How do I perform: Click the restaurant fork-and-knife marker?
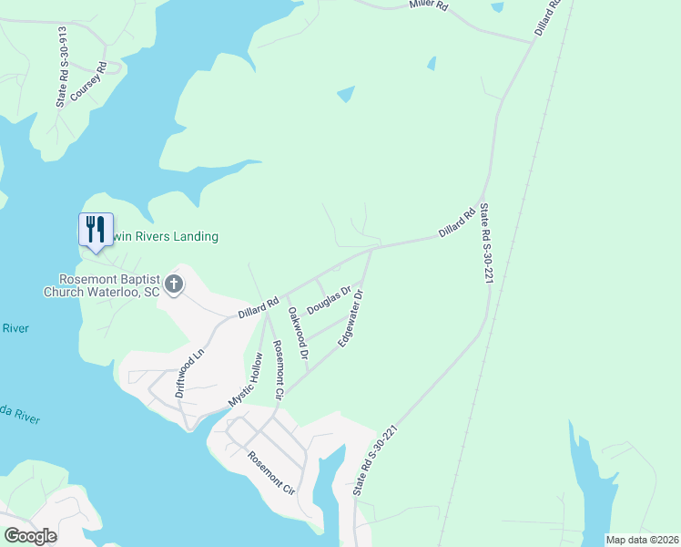click(96, 228)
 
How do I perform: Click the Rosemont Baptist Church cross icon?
click(173, 284)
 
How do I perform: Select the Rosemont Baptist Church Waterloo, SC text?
click(101, 285)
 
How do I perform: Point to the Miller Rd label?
click(429, 5)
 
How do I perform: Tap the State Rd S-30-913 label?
click(62, 67)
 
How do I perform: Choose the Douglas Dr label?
click(329, 301)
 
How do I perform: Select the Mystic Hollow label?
click(245, 379)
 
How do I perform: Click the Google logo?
click(30, 536)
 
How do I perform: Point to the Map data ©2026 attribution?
click(641, 540)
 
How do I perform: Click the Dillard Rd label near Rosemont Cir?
click(258, 306)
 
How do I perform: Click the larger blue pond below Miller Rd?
click(346, 94)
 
